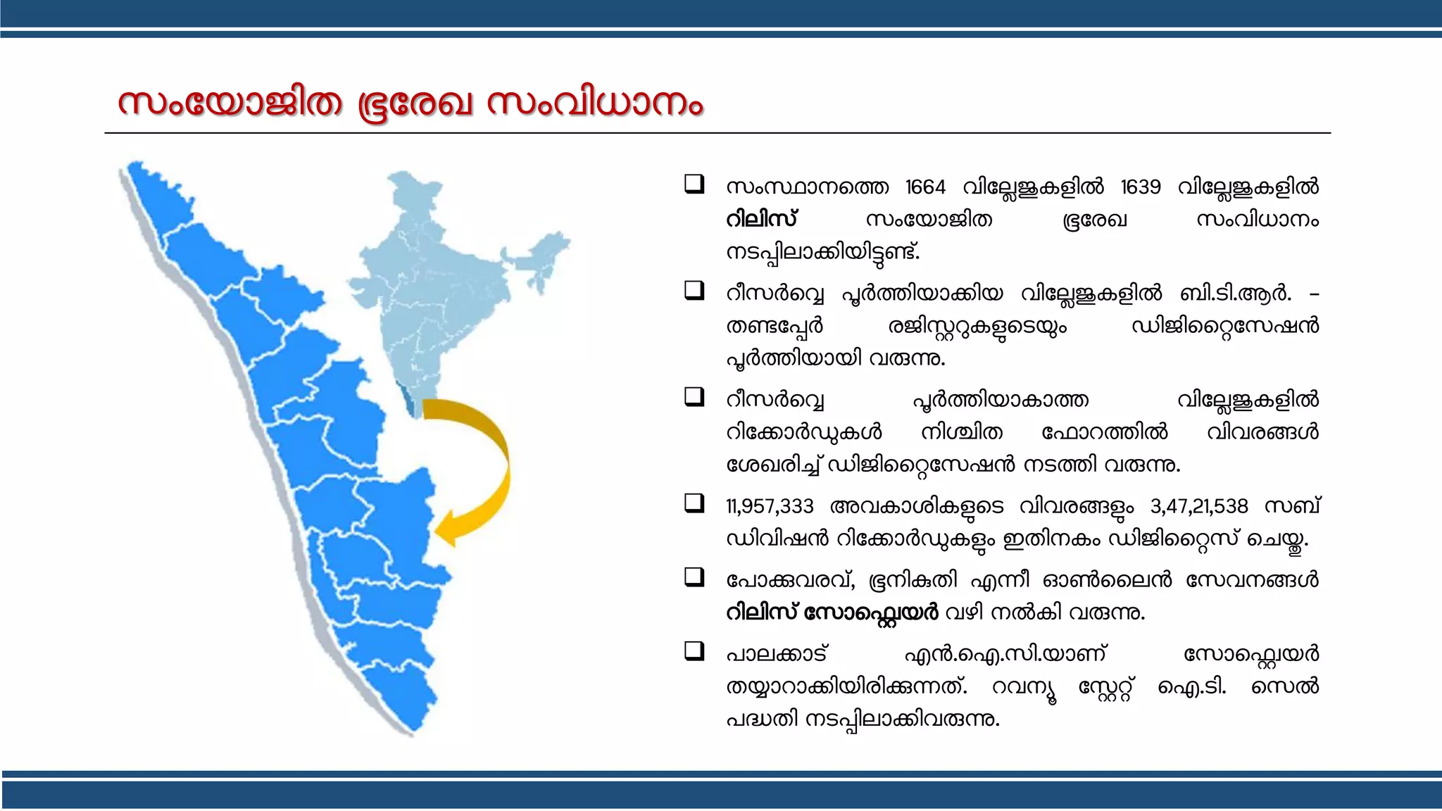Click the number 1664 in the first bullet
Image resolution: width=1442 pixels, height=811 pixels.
pos(925,187)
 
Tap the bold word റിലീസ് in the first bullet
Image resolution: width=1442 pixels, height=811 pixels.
pos(761,220)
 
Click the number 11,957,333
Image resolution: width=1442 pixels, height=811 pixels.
pos(770,506)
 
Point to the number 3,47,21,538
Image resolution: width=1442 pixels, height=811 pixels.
pos(1198,506)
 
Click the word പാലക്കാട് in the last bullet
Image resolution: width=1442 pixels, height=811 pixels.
pos(777,654)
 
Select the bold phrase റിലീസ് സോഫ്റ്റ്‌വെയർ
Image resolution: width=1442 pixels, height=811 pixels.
pos(832,612)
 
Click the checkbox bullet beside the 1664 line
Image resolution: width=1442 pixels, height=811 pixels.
pos(694,184)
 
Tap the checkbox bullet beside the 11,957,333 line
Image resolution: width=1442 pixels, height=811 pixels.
pos(694,503)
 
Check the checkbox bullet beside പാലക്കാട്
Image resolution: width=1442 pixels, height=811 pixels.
pos(694,651)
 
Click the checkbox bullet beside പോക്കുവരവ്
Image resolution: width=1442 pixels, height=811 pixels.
pos(694,577)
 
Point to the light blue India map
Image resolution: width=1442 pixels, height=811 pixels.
pos(451,282)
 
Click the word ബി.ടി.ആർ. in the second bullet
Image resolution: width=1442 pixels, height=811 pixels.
pos(1236,294)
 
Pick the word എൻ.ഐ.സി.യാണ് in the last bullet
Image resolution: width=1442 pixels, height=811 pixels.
pos(1005,654)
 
